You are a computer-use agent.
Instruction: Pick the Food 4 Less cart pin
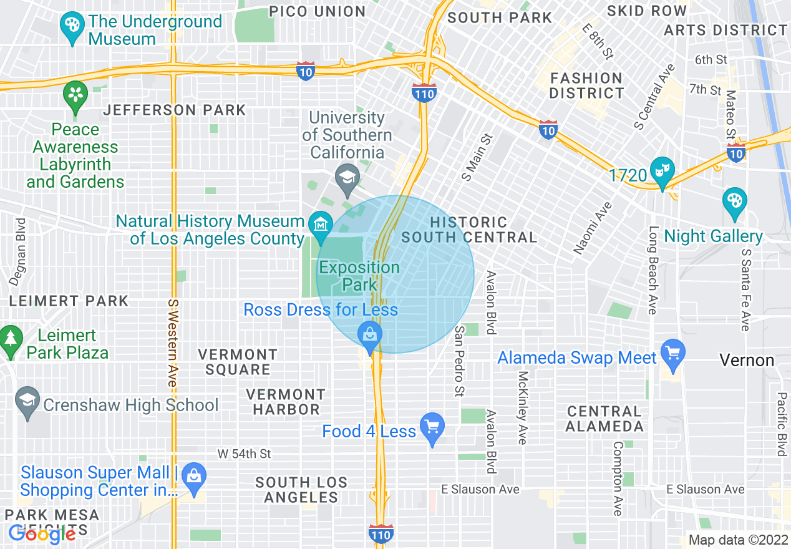tap(432, 429)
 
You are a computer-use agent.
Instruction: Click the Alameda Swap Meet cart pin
tap(673, 354)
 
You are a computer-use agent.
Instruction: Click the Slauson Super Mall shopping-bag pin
tap(194, 477)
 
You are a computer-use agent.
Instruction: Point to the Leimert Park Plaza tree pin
tap(10, 340)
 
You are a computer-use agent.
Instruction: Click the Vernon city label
tap(747, 361)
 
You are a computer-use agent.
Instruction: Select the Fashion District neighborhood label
tap(586, 85)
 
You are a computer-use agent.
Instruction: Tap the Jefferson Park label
tap(175, 110)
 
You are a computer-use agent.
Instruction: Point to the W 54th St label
tap(244, 454)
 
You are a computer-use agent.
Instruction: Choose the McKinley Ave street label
tap(523, 408)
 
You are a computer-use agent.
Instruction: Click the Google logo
tap(42, 533)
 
